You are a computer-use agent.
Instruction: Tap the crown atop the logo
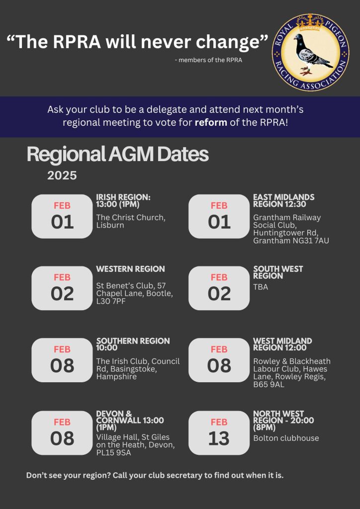(310, 23)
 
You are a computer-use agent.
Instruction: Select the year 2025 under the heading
(62, 175)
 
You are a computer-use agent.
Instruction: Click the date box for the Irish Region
(62, 216)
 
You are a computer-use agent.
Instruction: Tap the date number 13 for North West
(219, 439)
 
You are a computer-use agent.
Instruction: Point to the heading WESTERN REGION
(130, 269)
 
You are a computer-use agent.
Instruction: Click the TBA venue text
(261, 287)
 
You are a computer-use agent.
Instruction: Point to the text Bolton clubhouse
(286, 438)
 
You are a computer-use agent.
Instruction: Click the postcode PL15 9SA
(113, 452)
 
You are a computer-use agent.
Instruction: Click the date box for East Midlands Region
(219, 216)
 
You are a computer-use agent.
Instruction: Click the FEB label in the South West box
(219, 277)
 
